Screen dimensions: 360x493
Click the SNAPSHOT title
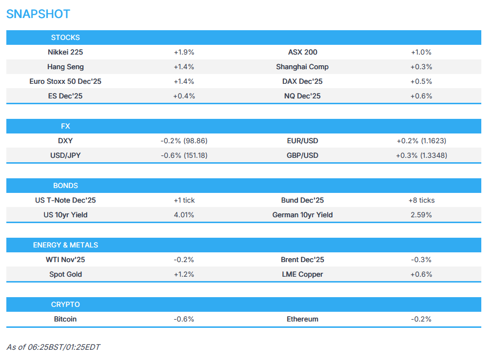[38, 14]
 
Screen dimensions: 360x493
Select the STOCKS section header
[65, 38]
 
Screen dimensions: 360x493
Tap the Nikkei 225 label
[65, 52]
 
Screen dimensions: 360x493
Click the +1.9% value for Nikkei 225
[184, 52]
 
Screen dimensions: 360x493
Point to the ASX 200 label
[302, 52]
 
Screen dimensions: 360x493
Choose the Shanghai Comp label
[302, 67]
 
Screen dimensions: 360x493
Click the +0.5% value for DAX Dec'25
[421, 81]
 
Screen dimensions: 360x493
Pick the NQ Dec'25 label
[302, 96]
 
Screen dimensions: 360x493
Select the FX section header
[65, 126]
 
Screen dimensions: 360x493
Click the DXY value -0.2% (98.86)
[184, 141]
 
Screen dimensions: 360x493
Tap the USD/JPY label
[65, 155]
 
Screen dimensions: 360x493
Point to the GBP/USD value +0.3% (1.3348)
[421, 155]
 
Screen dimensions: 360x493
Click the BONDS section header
[65, 186]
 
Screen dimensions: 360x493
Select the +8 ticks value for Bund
[421, 200]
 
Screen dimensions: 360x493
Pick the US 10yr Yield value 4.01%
[184, 215]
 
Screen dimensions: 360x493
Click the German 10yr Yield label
[302, 215]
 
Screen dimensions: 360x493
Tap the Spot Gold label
[65, 274]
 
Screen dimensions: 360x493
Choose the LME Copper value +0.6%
[421, 274]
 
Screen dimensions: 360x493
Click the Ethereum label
[302, 319]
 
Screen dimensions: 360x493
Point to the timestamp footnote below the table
[53, 347]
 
